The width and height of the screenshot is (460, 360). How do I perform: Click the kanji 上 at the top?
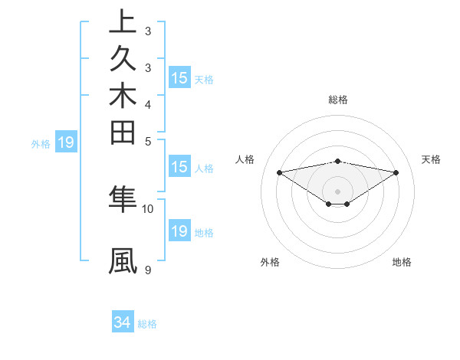123,22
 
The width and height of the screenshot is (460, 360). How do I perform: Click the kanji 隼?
123,198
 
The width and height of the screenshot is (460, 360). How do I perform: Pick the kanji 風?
123,261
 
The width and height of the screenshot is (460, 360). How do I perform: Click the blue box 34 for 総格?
123,323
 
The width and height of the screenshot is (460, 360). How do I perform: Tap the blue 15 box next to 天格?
179,77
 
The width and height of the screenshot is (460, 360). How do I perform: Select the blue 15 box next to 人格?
179,167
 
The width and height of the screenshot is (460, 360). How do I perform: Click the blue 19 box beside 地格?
179,231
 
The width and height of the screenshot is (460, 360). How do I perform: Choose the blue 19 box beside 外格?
66,142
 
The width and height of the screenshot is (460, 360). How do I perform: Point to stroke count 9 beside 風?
147,270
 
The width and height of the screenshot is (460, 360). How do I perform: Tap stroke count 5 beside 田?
147,141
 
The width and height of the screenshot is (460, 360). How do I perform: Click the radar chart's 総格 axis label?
338,100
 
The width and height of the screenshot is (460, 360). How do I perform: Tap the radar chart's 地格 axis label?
402,262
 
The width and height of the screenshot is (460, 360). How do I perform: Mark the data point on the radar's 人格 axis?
279,172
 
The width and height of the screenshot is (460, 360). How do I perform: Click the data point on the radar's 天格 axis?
396,172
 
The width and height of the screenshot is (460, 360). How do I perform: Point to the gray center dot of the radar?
338,191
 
